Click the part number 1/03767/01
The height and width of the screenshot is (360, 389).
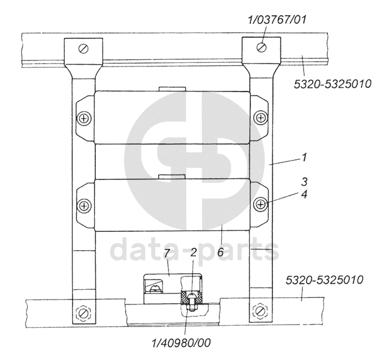[x=277, y=20]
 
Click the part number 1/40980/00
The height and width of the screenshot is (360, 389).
[x=181, y=343]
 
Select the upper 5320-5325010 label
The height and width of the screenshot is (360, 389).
[x=332, y=84]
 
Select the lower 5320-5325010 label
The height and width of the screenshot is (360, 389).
[x=324, y=280]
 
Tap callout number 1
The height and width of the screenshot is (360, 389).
[x=304, y=157]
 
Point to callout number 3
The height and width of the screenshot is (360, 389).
[x=304, y=182]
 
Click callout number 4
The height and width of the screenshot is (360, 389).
[x=304, y=194]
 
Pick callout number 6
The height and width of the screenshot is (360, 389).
[x=220, y=252]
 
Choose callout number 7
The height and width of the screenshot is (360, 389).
[x=167, y=253]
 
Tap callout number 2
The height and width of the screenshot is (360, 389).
[x=194, y=252]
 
